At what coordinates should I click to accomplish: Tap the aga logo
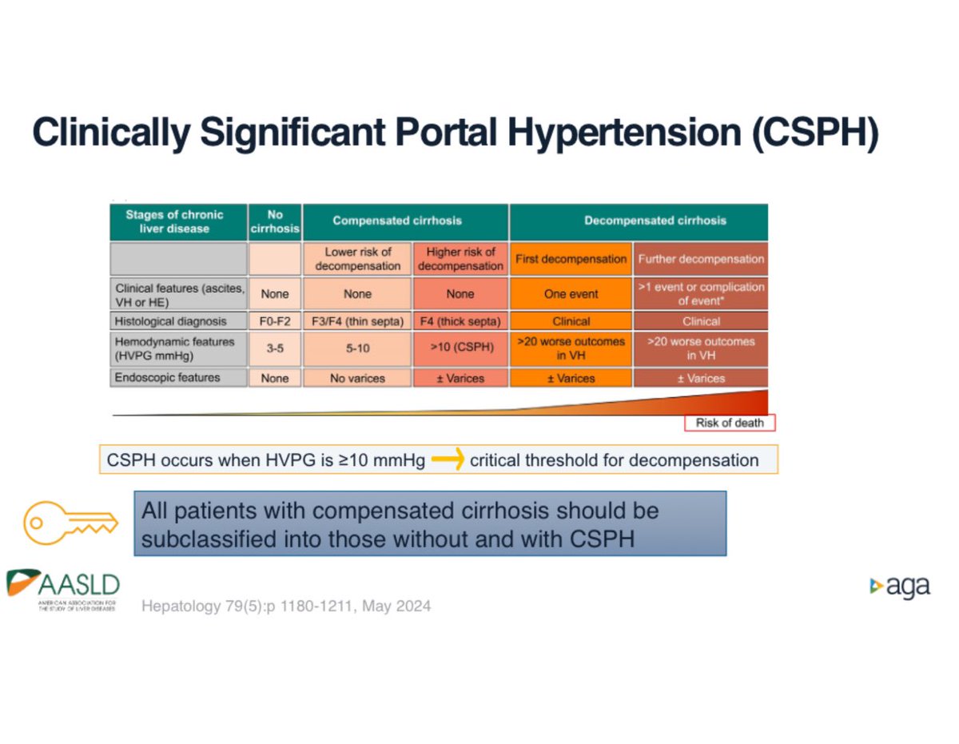[x=900, y=587]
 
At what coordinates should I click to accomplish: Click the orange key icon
[x=70, y=523]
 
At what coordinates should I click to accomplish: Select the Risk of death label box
[x=729, y=423]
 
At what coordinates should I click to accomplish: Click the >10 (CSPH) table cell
[x=460, y=348]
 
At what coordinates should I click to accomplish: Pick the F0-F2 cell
[x=274, y=321]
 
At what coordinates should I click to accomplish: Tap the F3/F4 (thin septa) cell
[x=357, y=321]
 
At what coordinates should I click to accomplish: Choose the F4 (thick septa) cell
[x=460, y=321]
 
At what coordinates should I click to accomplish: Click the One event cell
[x=571, y=294]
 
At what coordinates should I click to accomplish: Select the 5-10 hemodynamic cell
[x=357, y=348]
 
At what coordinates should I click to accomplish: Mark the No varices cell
[x=357, y=377]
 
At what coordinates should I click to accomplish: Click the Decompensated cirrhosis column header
[x=639, y=221]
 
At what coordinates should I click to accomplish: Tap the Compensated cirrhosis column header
[x=397, y=221]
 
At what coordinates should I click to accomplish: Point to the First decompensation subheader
[x=571, y=259]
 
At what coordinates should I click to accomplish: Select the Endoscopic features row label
[x=168, y=377]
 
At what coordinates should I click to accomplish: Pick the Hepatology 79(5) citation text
[x=286, y=607]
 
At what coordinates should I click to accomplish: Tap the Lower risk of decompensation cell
[x=357, y=259]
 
